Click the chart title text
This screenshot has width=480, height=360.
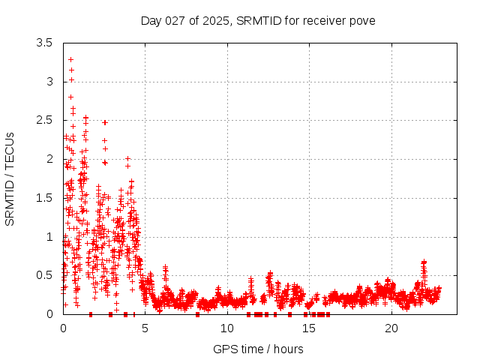coord(258,20)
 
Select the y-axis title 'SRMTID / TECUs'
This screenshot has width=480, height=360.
coord(10,178)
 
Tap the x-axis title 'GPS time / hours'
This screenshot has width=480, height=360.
coord(258,349)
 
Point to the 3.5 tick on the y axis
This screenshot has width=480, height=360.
coord(45,43)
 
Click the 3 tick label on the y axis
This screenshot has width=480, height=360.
coord(49,81)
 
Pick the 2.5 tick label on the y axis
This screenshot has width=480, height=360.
coord(45,120)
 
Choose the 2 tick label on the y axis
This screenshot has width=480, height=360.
coord(49,159)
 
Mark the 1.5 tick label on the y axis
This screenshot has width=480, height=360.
coord(45,198)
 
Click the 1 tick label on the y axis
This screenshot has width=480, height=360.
coord(49,236)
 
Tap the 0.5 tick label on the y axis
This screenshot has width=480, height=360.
coord(45,275)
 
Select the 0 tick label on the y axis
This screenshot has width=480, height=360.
coord(49,314)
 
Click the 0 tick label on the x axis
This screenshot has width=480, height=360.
coord(63,328)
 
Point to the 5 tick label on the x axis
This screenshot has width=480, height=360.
coord(145,328)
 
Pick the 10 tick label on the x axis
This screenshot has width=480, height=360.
coord(227,328)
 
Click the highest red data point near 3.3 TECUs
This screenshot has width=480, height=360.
coord(70,59)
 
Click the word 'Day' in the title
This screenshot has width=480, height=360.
coord(151,20)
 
